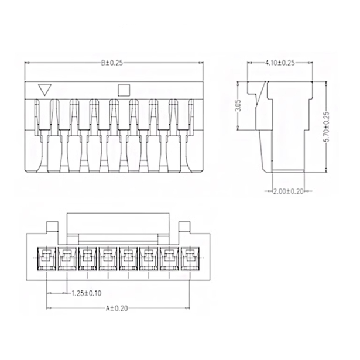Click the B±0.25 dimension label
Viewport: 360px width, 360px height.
(x=112, y=63)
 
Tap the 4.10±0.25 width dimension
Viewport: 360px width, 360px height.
(x=280, y=63)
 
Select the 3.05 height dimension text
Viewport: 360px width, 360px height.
(x=239, y=105)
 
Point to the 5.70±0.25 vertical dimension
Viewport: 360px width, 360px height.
(x=327, y=127)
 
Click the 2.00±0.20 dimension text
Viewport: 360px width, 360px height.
(x=289, y=191)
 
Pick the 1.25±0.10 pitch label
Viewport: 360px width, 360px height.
(x=87, y=293)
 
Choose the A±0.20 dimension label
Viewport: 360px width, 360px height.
(x=116, y=308)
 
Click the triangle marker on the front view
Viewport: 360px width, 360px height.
(x=44, y=90)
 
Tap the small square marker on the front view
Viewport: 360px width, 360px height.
(x=124, y=90)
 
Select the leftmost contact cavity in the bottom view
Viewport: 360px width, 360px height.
(x=47, y=259)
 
